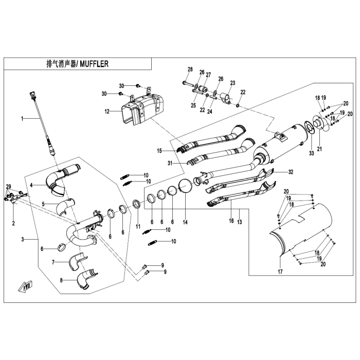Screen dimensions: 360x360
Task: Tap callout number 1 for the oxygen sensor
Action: coord(22,118)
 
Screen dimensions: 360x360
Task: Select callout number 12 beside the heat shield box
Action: coord(107,111)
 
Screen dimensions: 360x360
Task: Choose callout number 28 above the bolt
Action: coord(190,69)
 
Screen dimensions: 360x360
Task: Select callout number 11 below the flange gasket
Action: coord(137,226)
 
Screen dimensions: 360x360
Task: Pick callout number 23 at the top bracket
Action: coord(232,83)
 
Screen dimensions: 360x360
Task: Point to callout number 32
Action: coord(291,172)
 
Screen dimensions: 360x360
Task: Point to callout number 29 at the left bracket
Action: coord(8,185)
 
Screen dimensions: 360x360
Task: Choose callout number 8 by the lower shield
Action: coord(61,280)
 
